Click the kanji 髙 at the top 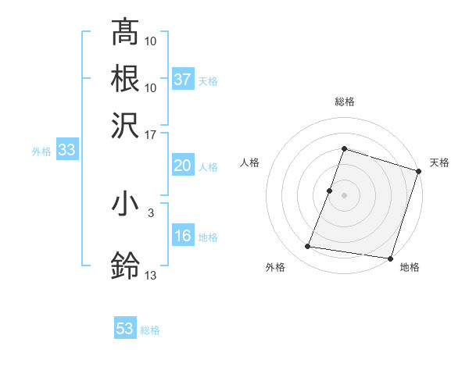click(x=125, y=33)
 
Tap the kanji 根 click(x=125, y=78)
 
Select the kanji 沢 click(x=125, y=124)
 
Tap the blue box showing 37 click(x=183, y=80)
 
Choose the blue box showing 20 click(x=183, y=166)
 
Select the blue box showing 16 click(x=183, y=236)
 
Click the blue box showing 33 click(x=66, y=151)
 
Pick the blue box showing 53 click(x=125, y=329)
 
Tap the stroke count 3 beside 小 click(x=150, y=212)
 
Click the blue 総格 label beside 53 click(x=151, y=330)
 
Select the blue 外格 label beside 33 click(x=41, y=151)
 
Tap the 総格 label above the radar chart click(x=344, y=102)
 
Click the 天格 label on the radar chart click(x=439, y=162)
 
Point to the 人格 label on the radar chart click(x=249, y=162)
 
